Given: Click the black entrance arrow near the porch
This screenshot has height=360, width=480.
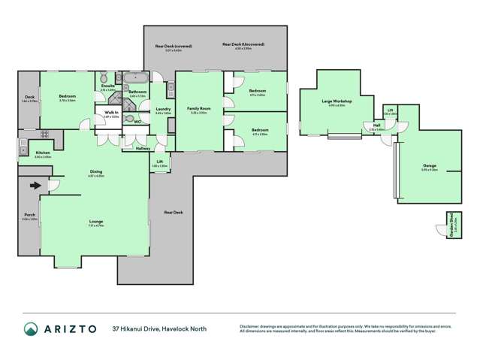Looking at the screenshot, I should pyautogui.click(x=35, y=185).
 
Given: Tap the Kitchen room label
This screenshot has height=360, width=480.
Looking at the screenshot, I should pyautogui.click(x=43, y=153).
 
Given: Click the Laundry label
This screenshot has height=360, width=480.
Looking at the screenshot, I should pyautogui.click(x=162, y=109).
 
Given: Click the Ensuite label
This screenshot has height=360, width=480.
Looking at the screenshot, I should pyautogui.click(x=107, y=86).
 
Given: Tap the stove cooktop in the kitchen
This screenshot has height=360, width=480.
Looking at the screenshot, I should pyautogui.click(x=23, y=143).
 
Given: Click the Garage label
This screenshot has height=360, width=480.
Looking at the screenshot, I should pyautogui.click(x=429, y=165).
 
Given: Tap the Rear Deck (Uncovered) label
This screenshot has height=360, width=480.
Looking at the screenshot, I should pyautogui.click(x=243, y=44).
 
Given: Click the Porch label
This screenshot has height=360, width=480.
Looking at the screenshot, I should pyautogui.click(x=29, y=215).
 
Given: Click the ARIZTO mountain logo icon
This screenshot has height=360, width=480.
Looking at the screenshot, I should pyautogui.click(x=31, y=328).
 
